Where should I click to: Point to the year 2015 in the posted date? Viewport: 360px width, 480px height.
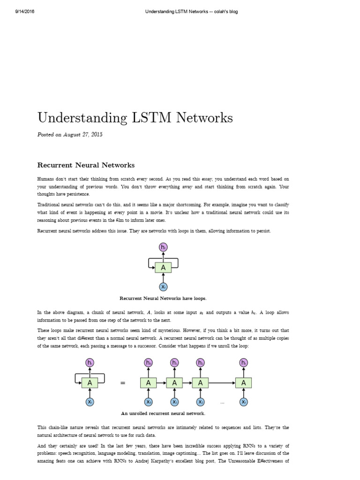pyautogui.click(x=97, y=135)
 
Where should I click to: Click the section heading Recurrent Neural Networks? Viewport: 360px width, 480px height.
pyautogui.click(x=86, y=165)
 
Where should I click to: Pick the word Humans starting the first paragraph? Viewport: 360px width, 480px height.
pyautogui.click(x=46, y=179)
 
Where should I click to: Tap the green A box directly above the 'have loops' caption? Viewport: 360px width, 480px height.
pyautogui.click(x=163, y=268)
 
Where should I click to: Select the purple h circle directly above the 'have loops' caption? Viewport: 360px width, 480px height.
pyautogui.click(x=163, y=247)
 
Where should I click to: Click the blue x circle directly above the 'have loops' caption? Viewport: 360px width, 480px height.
pyautogui.click(x=163, y=287)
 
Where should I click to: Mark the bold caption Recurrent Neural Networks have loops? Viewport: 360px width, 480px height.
pyautogui.click(x=163, y=298)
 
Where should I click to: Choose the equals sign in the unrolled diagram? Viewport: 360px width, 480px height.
pyautogui.click(x=123, y=383)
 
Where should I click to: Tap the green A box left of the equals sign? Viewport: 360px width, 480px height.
pyautogui.click(x=90, y=383)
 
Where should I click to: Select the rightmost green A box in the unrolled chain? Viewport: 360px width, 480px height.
pyautogui.click(x=243, y=383)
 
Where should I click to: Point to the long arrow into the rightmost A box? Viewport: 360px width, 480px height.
pyautogui.click(x=222, y=383)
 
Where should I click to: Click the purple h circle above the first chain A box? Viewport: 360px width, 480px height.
pyautogui.click(x=149, y=362)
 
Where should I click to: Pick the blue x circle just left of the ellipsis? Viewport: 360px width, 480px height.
pyautogui.click(x=201, y=402)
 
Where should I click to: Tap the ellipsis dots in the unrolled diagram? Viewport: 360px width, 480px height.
pyautogui.click(x=222, y=403)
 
